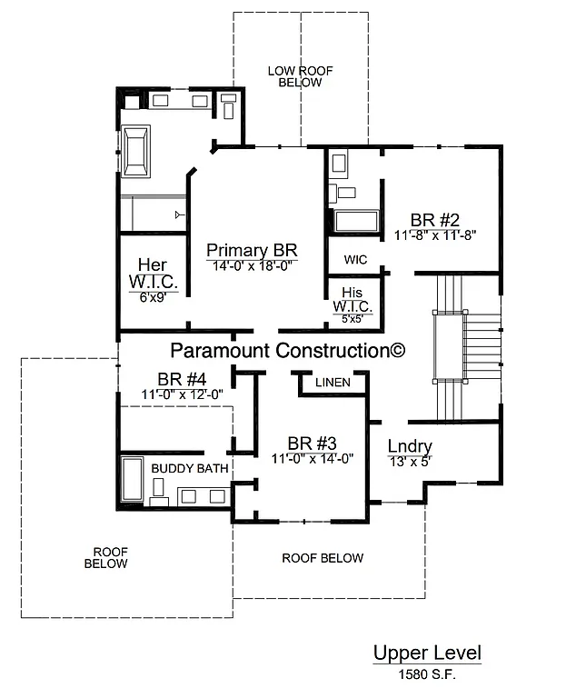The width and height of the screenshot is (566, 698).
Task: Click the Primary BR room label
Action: (252, 251)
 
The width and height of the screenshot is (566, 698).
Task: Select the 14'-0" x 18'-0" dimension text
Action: (252, 267)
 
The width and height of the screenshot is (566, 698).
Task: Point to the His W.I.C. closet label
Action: (353, 300)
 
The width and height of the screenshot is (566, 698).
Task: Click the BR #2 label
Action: (435, 219)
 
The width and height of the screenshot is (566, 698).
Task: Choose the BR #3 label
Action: (312, 443)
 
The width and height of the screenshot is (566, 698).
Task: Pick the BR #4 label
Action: (182, 379)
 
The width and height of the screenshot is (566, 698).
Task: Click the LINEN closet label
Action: (333, 383)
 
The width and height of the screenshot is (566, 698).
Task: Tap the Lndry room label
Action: (409, 446)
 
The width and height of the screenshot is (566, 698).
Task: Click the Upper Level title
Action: (426, 653)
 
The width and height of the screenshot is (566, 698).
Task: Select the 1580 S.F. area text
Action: (426, 674)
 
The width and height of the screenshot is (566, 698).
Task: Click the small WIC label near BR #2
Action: (354, 260)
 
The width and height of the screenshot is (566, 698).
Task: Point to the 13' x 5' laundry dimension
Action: (408, 461)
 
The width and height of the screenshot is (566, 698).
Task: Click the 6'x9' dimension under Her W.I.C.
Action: (153, 296)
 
